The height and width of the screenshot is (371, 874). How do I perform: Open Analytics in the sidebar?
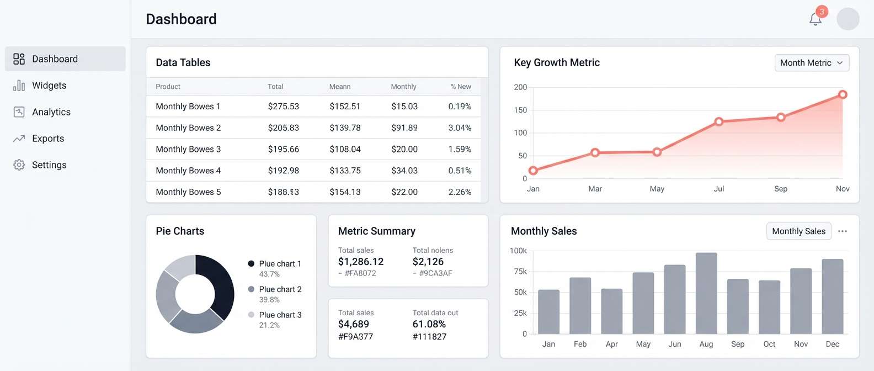[51, 112]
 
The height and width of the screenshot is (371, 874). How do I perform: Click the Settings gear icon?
[19, 165]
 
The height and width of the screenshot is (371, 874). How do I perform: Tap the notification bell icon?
[815, 19]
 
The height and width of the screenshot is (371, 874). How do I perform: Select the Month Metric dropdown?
[812, 63]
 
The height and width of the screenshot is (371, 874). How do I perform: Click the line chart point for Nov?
[843, 95]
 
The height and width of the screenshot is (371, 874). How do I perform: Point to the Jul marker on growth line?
[718, 121]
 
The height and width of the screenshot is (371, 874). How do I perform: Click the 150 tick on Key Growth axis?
[520, 110]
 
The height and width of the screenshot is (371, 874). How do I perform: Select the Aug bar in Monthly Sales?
[706, 293]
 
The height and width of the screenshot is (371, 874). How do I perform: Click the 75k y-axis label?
[520, 272]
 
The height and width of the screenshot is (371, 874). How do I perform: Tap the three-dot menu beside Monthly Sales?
[842, 231]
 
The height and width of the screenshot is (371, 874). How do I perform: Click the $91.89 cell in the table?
[404, 128]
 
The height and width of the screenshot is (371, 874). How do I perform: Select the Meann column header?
[340, 87]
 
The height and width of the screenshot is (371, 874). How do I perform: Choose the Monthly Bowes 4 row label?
[188, 171]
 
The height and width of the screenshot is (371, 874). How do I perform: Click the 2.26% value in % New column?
[460, 192]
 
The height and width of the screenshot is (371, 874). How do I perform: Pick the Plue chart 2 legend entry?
[280, 289]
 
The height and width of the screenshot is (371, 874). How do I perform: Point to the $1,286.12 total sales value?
[361, 262]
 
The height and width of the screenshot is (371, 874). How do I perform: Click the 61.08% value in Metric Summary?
[429, 324]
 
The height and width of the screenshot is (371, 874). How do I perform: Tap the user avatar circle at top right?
[848, 19]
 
